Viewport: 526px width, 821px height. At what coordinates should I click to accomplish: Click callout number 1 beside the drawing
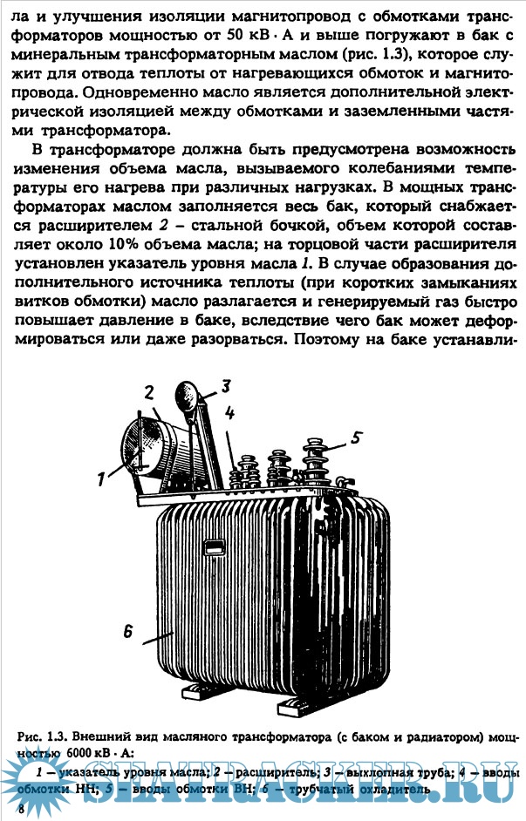[x=101, y=476]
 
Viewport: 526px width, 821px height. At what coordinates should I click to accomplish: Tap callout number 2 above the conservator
[x=149, y=390]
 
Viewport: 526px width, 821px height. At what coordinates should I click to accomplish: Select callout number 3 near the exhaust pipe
[x=225, y=384]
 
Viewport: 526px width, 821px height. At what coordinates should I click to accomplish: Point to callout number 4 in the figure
[x=229, y=413]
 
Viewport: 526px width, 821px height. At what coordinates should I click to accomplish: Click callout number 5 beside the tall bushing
[x=356, y=438]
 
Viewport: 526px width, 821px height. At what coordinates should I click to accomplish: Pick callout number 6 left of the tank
[x=127, y=634]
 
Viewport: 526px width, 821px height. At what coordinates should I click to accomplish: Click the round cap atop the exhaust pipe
[x=188, y=370]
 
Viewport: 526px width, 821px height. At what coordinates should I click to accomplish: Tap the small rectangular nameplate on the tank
[x=214, y=548]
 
